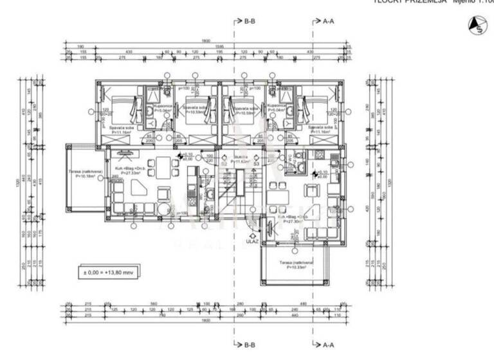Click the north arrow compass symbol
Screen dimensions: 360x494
pyautogui.click(x=477, y=24)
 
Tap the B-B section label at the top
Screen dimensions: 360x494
pyautogui.click(x=250, y=21)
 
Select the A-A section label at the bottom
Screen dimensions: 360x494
pyautogui.click(x=327, y=345)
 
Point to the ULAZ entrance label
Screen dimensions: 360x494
pyautogui.click(x=252, y=242)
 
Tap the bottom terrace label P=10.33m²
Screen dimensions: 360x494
pyautogui.click(x=296, y=265)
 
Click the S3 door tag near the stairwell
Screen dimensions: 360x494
pyautogui.click(x=255, y=164)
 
